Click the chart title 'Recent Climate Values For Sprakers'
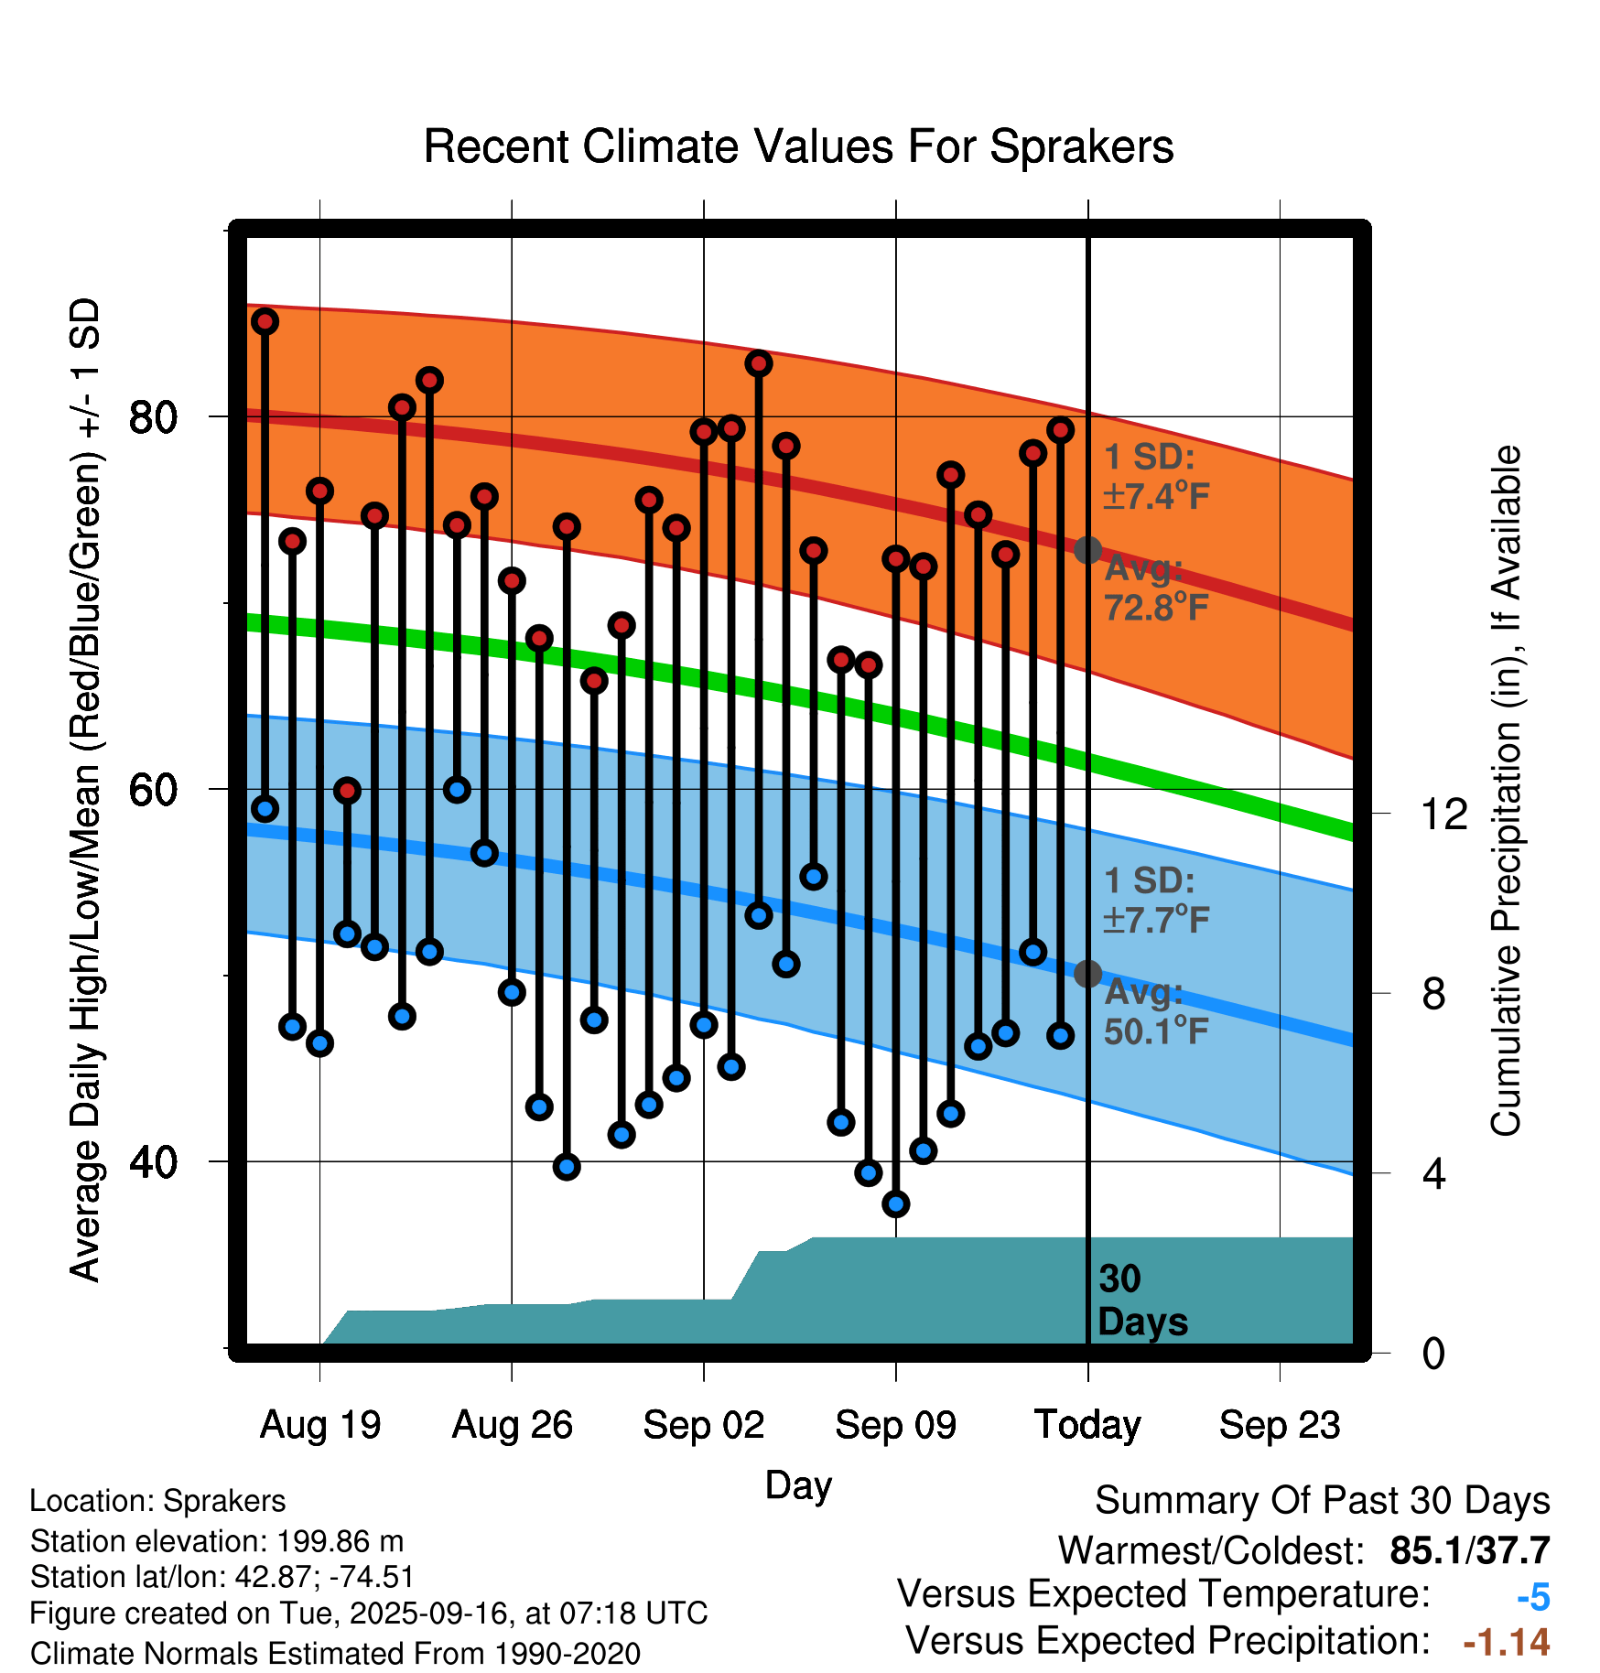click(x=798, y=146)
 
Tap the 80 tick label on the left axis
click(x=153, y=417)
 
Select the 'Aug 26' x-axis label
click(x=512, y=1425)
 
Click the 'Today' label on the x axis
click(x=1087, y=1425)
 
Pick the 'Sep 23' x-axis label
click(x=1280, y=1425)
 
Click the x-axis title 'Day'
click(x=798, y=1484)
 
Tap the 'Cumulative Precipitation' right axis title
click(x=1506, y=792)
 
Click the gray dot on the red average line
click(x=1087, y=550)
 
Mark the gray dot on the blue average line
click(x=1087, y=974)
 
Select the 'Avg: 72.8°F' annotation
click(x=1155, y=588)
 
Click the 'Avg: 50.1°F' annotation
click(x=1155, y=1012)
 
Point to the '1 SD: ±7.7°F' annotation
click(x=1155, y=901)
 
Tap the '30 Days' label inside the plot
click(x=1141, y=1301)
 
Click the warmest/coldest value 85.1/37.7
click(x=1469, y=1550)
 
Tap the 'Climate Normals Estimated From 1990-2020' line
click(x=335, y=1654)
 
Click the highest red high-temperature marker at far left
click(x=265, y=321)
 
